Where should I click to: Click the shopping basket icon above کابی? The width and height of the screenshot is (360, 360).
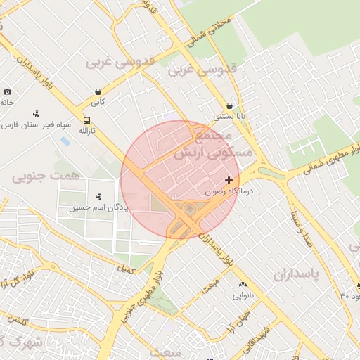click(97, 91)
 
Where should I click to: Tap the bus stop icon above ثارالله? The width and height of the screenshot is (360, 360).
click(86, 120)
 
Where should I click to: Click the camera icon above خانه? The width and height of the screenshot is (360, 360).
click(7, 91)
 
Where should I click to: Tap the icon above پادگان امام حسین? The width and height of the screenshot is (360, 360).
click(98, 195)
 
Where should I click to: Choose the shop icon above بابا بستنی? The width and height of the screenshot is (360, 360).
click(229, 106)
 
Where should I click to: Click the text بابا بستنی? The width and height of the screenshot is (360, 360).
click(229, 117)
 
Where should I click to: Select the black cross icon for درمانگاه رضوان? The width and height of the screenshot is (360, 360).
click(229, 181)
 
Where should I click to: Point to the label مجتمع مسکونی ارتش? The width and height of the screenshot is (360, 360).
click(206, 144)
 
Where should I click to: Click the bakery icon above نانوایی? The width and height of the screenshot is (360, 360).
click(240, 285)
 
